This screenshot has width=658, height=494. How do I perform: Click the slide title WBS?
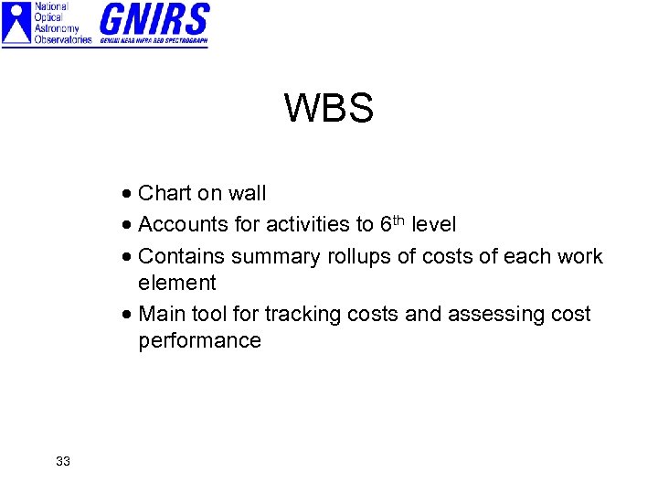pos(328,109)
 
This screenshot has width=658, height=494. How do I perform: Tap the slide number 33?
pos(62,461)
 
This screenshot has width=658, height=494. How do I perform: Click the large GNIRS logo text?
pos(154,20)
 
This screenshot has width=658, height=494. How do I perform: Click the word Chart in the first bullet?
pos(164,193)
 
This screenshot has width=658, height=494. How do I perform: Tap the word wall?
pos(247,193)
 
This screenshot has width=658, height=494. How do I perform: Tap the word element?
pos(177,283)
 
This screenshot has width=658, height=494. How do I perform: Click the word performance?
pos(199,341)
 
